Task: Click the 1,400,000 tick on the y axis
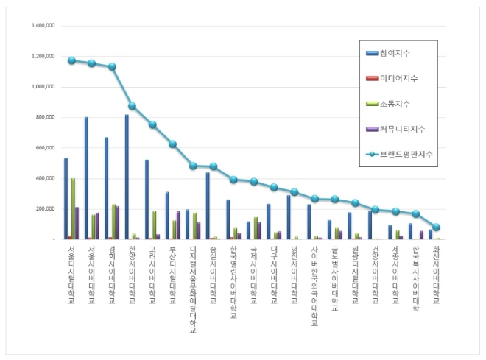click(43, 25)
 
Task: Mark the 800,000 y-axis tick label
click(45, 117)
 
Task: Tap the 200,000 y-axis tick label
click(45, 209)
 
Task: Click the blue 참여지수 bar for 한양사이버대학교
click(127, 177)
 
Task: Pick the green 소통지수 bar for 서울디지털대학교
click(73, 208)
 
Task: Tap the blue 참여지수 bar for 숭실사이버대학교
click(208, 205)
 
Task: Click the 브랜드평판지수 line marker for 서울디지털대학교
click(71, 60)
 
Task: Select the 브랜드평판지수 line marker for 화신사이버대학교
click(436, 227)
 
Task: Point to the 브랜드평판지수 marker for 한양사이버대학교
click(132, 106)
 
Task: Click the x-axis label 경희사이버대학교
click(112, 275)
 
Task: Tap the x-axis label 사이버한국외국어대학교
click(314, 286)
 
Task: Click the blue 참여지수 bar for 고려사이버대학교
click(147, 200)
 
